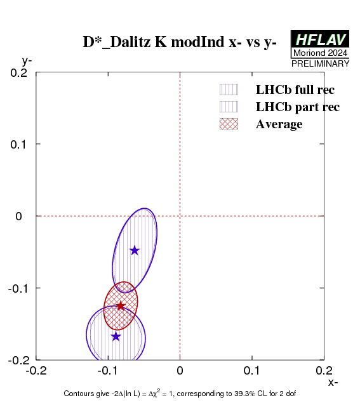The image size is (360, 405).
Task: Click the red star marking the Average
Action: coord(121,306)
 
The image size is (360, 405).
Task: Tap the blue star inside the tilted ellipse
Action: coord(135,250)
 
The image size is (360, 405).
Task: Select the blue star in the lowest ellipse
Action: coord(116,336)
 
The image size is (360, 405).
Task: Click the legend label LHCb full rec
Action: coord(295,90)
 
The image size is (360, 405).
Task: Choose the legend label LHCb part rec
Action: coord(298,107)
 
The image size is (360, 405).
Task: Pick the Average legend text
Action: coord(279,124)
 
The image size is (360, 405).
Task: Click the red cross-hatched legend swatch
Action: coord(229,124)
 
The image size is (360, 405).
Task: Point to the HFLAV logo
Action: coord(320,39)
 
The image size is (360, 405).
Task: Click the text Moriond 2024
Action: coord(320,53)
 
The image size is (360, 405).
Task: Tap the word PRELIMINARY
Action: coord(320,63)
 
